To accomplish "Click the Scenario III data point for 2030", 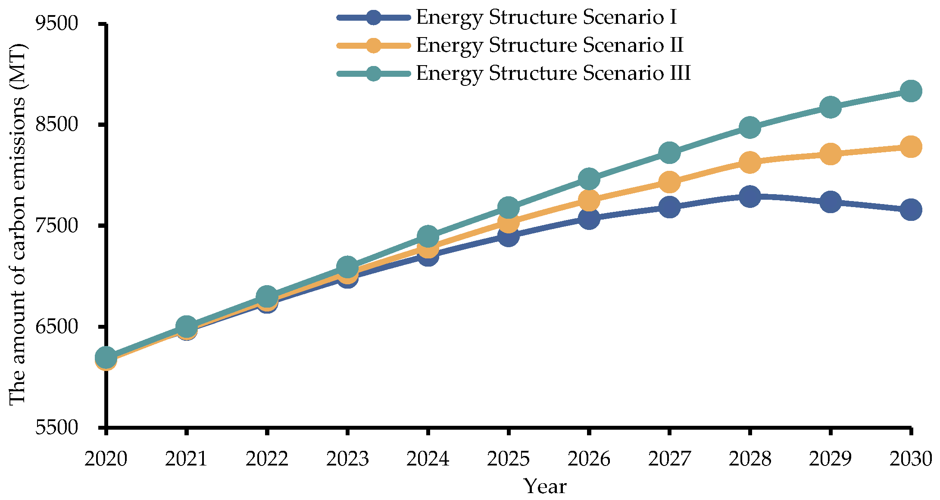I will (x=911, y=91).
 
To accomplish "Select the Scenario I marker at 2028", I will (x=750, y=197).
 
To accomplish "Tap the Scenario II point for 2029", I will (x=831, y=154).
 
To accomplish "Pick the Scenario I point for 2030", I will (x=911, y=210).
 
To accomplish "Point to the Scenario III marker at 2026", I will (x=589, y=179).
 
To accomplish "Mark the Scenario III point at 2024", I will (x=428, y=236).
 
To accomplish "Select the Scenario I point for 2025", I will (x=509, y=236).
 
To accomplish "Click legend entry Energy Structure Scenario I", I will (x=546, y=17).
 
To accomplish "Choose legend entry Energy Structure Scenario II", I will (x=550, y=45).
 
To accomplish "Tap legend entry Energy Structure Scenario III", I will (x=553, y=73).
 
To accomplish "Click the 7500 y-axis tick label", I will (x=56, y=226).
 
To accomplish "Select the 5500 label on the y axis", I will (x=56, y=427).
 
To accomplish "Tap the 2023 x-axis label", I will (x=347, y=459).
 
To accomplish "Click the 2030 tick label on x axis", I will (x=911, y=459).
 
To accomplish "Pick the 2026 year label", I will (x=589, y=459).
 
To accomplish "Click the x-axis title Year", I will (x=545, y=487).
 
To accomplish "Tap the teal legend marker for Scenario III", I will (x=373, y=73).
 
